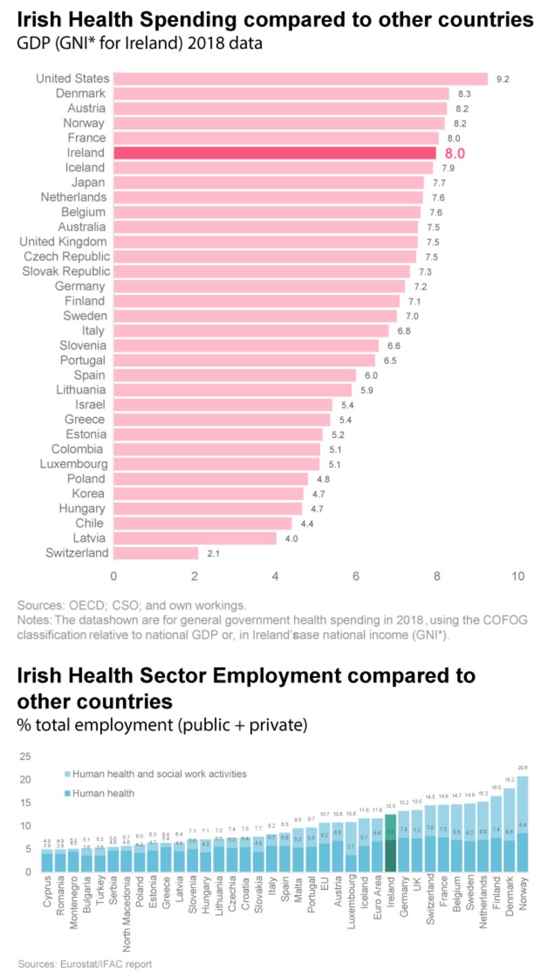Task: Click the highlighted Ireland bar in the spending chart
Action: click(x=275, y=153)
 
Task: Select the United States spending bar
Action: click(x=300, y=78)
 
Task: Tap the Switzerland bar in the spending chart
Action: click(x=156, y=553)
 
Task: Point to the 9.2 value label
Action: click(x=502, y=79)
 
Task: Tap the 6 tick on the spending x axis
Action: click(x=356, y=576)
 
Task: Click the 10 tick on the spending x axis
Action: click(x=517, y=576)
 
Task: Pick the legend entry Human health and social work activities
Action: click(x=159, y=774)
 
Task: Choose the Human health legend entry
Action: click(x=104, y=793)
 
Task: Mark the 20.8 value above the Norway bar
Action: click(x=523, y=768)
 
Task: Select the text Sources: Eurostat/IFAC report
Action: click(x=85, y=964)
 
